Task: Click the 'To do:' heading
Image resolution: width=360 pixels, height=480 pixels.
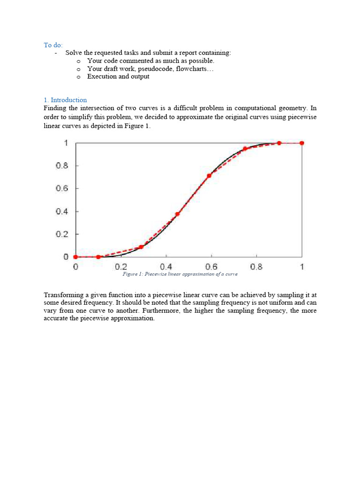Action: pos(53,45)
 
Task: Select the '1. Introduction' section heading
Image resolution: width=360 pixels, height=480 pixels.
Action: pos(65,100)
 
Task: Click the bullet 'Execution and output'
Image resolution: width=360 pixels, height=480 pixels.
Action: pos(118,76)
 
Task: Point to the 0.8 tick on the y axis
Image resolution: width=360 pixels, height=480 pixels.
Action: pos(62,166)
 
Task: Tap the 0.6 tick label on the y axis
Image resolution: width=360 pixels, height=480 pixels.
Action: pos(62,188)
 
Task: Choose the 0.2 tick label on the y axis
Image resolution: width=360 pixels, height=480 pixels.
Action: pos(62,234)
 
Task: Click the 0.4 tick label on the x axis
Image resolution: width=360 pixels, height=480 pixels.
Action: pos(166,267)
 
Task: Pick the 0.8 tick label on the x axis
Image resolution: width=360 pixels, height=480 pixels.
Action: pos(256,267)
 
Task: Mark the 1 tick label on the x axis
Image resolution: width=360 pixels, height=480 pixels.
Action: pos(302,267)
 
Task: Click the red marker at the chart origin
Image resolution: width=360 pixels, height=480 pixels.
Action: pos(75,257)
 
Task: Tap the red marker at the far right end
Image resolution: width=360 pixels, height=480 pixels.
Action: pos(302,143)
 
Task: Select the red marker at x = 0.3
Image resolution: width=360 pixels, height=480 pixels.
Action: pos(141,247)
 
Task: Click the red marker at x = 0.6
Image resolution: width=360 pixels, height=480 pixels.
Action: pos(209,175)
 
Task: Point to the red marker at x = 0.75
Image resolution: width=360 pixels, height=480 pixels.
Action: pos(245,149)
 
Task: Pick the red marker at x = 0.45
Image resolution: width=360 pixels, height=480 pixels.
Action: pos(177,214)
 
